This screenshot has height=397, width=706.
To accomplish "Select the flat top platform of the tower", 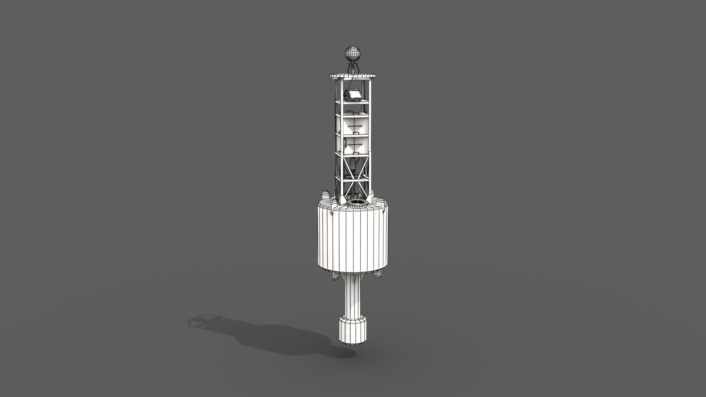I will coord(353,76).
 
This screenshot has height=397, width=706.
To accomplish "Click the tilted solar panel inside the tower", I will coord(355,94).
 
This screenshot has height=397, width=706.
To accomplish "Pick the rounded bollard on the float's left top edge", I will coord(325,196).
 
